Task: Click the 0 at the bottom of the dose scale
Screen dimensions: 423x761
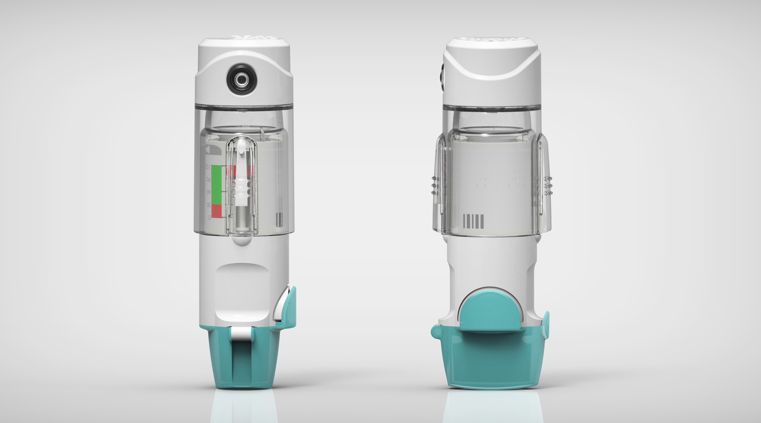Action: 209,218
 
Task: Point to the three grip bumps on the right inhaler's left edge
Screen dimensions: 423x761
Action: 434,185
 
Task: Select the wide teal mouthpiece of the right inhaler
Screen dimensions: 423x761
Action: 490,366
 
